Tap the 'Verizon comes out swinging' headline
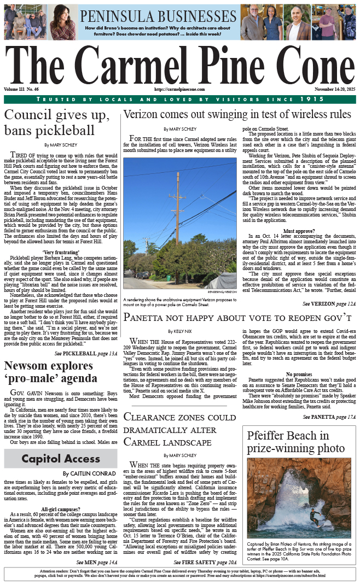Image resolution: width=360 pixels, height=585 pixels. click(x=237, y=114)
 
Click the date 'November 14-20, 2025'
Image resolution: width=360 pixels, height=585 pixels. click(x=335, y=89)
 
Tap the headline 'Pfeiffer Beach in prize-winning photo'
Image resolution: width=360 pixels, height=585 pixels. click(x=296, y=442)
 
